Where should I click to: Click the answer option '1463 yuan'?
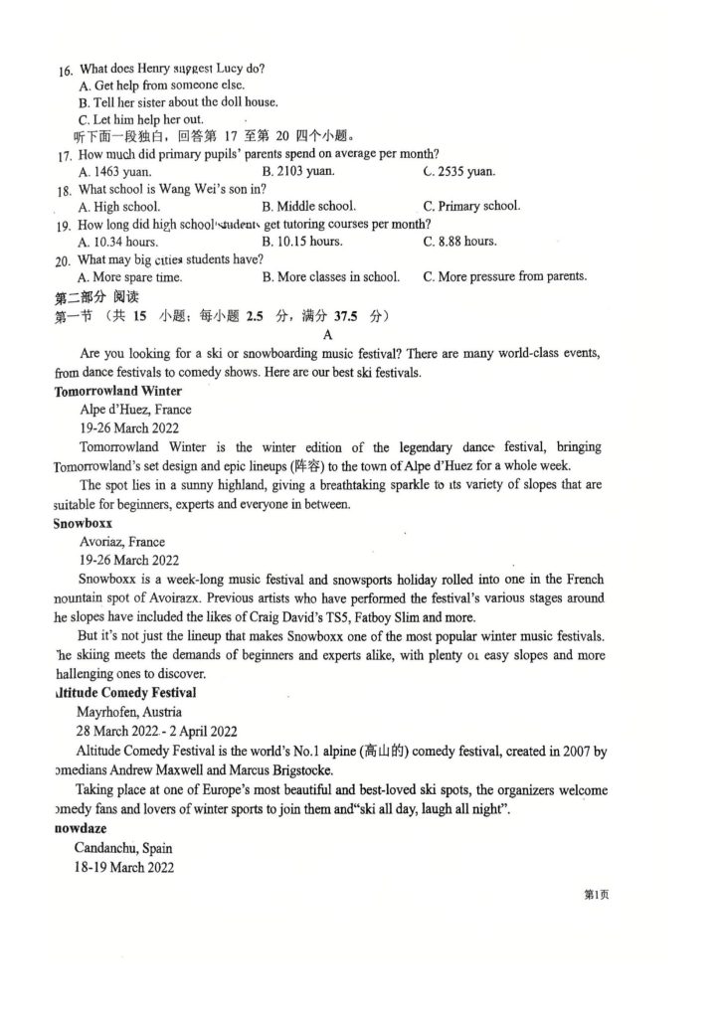(116, 172)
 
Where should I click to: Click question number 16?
(66, 71)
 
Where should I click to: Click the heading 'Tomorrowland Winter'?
(118, 391)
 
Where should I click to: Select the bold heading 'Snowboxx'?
(83, 522)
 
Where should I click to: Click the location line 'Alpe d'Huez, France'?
(136, 409)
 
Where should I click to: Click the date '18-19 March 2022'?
(124, 867)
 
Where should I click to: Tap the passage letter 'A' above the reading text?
(327, 335)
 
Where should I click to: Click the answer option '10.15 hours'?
(302, 242)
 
